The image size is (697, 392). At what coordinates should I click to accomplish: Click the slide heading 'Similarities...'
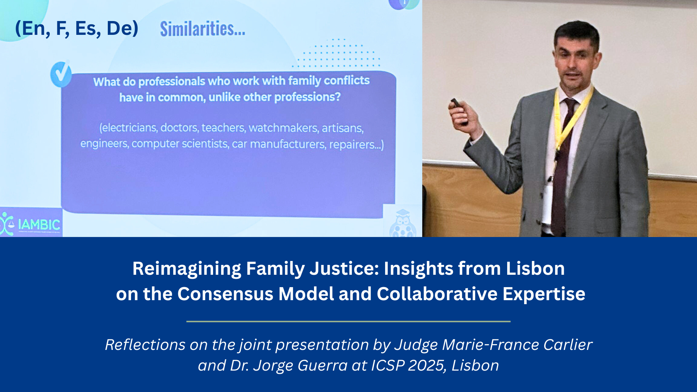pyautogui.click(x=203, y=29)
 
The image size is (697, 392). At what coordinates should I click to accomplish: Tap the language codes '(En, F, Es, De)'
pyautogui.click(x=77, y=28)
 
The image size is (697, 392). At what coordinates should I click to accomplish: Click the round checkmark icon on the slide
pyautogui.click(x=61, y=74)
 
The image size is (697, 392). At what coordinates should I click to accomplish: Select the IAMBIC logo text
pyautogui.click(x=39, y=225)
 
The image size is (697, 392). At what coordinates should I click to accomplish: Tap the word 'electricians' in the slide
pyautogui.click(x=128, y=127)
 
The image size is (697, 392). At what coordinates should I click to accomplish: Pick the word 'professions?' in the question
pyautogui.click(x=307, y=97)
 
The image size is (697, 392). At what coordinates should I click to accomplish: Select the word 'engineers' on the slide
pyautogui.click(x=104, y=144)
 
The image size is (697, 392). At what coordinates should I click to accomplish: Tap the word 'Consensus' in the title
pyautogui.click(x=225, y=294)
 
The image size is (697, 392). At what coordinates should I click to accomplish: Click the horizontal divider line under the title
pyautogui.click(x=348, y=321)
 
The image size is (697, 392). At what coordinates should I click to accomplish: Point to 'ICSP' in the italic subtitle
pyautogui.click(x=388, y=366)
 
